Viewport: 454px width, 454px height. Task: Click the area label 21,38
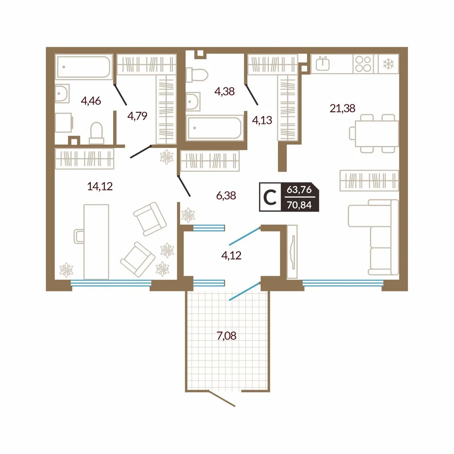click(342, 109)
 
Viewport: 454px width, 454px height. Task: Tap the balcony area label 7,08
click(227, 336)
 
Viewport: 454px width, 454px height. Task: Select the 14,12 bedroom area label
click(100, 186)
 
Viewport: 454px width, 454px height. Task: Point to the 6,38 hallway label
click(226, 196)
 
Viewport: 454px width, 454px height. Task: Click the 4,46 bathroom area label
click(91, 101)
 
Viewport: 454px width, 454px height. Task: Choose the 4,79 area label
click(137, 116)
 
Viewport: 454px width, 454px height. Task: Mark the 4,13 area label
click(262, 120)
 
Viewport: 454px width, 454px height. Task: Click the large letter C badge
click(270, 197)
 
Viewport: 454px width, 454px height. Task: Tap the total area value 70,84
click(299, 205)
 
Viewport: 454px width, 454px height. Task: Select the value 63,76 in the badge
click(299, 190)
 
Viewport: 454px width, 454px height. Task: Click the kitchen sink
click(322, 64)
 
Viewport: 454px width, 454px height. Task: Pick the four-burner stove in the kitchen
click(363, 64)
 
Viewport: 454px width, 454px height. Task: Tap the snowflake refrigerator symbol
click(388, 64)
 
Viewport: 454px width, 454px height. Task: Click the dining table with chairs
click(374, 133)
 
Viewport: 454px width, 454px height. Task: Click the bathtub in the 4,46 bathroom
click(84, 67)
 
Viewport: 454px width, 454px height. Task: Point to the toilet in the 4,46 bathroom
click(97, 133)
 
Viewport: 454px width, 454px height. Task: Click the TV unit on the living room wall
click(292, 252)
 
